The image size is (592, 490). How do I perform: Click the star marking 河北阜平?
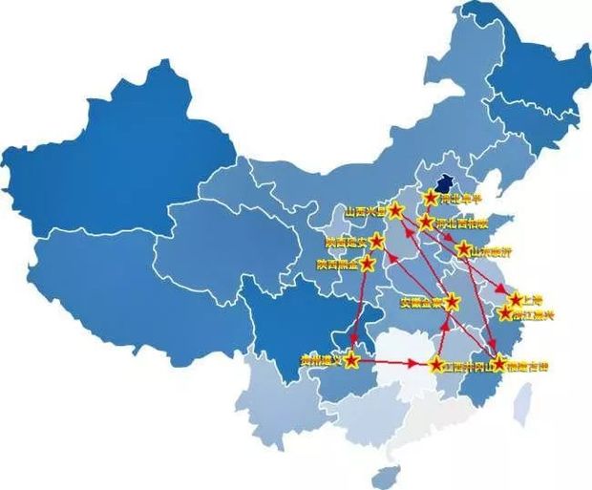click(431, 198)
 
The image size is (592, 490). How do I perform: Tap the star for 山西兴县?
click(396, 210)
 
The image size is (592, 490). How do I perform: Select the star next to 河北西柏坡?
click(426, 222)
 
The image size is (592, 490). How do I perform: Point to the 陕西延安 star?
click(377, 240)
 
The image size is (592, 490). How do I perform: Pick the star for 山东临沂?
click(463, 248)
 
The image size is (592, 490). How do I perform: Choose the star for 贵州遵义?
click(352, 360)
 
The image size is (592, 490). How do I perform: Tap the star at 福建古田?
click(498, 363)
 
